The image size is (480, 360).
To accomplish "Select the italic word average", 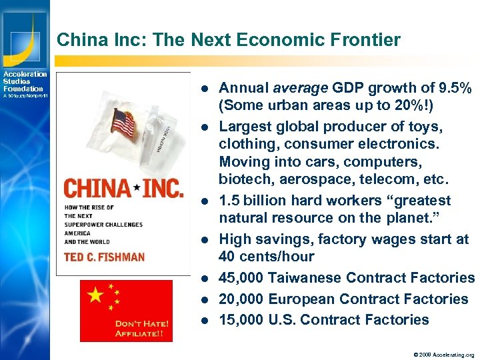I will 298,88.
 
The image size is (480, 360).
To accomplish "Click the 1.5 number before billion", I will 231,201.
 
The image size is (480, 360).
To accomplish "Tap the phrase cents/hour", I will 278,257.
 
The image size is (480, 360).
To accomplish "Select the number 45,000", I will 241,278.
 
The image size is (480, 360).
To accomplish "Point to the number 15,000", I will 241,320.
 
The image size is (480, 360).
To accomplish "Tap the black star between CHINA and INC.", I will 137,189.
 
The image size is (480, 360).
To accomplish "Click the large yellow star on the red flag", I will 96,294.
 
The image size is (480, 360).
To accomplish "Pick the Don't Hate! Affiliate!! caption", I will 141,328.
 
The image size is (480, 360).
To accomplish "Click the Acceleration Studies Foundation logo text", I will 24,82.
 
